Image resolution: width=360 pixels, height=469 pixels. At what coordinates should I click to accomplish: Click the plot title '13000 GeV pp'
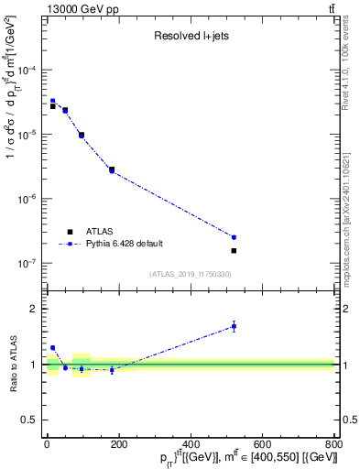click(x=78, y=8)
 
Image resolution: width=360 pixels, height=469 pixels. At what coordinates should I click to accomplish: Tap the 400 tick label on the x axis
click(x=191, y=445)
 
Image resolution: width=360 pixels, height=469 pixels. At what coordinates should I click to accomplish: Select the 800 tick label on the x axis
click(x=333, y=445)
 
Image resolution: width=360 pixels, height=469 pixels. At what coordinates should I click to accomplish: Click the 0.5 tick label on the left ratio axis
click(x=31, y=420)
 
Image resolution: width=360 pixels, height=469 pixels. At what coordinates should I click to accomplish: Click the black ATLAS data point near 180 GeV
click(x=111, y=169)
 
